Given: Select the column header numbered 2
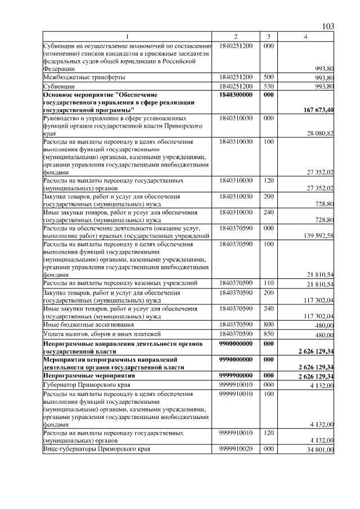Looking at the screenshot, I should (x=236, y=37).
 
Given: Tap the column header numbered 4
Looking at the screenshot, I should (x=305, y=37).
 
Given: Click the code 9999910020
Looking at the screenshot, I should (x=236, y=450).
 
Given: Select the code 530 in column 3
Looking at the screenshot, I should (x=268, y=86).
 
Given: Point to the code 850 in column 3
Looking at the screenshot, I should (x=268, y=334).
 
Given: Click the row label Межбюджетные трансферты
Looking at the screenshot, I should (x=84, y=76).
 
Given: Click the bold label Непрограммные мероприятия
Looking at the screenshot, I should (x=89, y=375).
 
